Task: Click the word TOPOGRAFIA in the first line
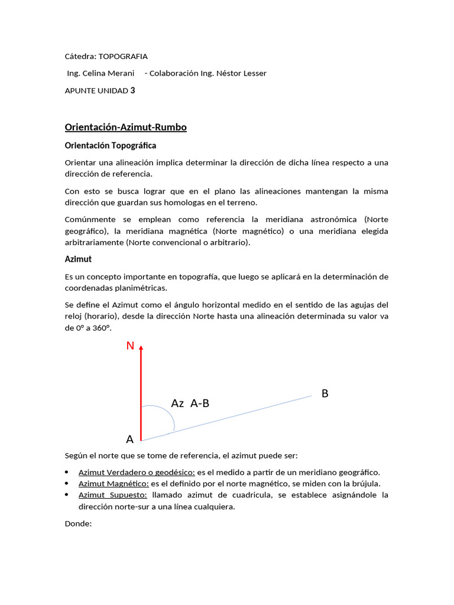pyautogui.click(x=123, y=57)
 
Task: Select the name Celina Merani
pyautogui.click(x=111, y=73)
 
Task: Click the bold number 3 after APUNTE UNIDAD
pyautogui.click(x=132, y=90)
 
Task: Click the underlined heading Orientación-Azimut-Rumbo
pyautogui.click(x=125, y=127)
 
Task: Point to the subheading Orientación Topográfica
pyautogui.click(x=110, y=145)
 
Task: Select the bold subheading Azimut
pyautogui.click(x=78, y=259)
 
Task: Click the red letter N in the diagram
pyautogui.click(x=130, y=346)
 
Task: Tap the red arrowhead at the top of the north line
pyautogui.click(x=141, y=350)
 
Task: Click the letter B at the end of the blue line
pyautogui.click(x=325, y=393)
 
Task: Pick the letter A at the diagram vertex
pyautogui.click(x=130, y=439)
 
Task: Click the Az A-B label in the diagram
pyautogui.click(x=190, y=404)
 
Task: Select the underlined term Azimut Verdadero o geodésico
pyautogui.click(x=137, y=472)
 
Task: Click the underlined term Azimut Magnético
pyautogui.click(x=113, y=483)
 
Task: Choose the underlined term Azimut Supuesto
pyautogui.click(x=112, y=495)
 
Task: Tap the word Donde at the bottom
pyautogui.click(x=78, y=523)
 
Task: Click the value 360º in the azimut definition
pyautogui.click(x=101, y=327)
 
